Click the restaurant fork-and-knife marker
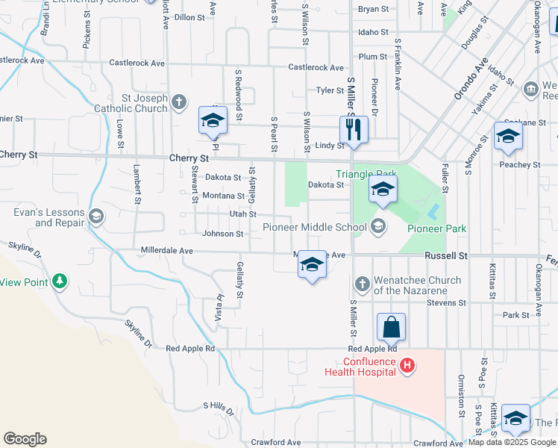354,129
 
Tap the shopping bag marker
391,326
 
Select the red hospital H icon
407,365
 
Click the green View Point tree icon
60,281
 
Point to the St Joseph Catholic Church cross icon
178,102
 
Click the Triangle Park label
365,175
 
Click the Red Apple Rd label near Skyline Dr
190,349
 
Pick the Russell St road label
445,255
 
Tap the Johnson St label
223,234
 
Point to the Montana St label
224,196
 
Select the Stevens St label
446,303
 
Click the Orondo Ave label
471,78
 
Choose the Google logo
25,438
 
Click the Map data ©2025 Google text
511,442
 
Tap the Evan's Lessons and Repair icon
96,217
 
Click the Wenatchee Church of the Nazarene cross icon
361,284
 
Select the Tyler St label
329,90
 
